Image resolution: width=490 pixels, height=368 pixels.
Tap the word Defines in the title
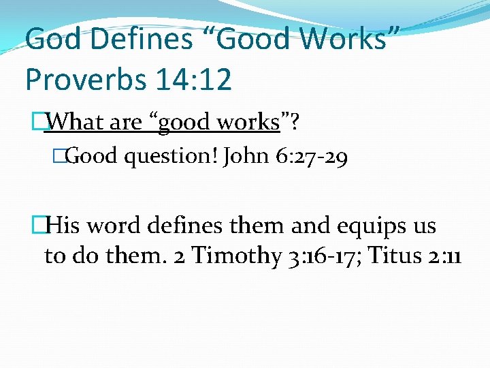[x=141, y=40]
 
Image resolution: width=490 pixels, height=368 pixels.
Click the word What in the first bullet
[x=77, y=123]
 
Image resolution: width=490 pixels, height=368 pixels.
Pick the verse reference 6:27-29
[x=312, y=158]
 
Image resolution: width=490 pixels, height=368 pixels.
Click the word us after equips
[x=423, y=226]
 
